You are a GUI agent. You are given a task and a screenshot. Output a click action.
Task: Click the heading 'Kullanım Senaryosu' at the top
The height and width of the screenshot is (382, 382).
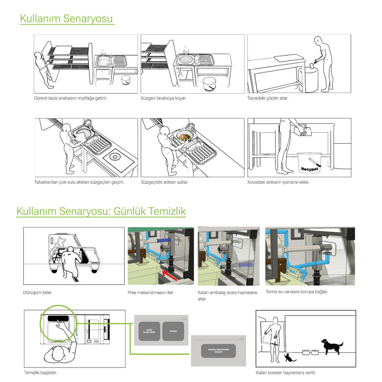(66, 18)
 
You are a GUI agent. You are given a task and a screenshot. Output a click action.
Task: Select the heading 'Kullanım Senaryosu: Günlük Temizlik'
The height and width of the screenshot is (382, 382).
(101, 211)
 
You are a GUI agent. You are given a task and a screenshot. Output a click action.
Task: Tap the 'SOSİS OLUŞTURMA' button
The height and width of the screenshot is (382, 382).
(149, 331)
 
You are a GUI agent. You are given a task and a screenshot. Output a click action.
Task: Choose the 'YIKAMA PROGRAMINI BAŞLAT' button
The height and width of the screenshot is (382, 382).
(218, 351)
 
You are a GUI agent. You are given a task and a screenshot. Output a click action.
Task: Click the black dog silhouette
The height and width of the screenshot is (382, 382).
(331, 347)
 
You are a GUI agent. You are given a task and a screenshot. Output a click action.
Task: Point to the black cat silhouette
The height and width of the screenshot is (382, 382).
(289, 358)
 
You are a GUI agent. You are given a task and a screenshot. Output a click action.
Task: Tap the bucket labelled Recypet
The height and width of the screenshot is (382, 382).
(309, 163)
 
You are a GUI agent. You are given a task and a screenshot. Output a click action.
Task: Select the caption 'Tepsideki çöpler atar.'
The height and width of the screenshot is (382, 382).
(267, 98)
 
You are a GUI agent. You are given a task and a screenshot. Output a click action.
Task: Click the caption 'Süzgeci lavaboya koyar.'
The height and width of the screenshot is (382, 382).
(163, 98)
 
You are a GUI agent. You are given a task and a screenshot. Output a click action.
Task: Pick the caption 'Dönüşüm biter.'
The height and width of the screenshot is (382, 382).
(38, 292)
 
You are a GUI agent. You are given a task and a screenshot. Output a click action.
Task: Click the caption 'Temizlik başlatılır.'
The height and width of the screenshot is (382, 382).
(40, 372)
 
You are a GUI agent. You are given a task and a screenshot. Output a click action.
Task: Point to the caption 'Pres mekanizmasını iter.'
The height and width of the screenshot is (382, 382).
(151, 292)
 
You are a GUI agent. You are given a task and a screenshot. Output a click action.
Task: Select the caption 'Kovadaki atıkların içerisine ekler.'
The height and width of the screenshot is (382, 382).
(278, 182)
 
